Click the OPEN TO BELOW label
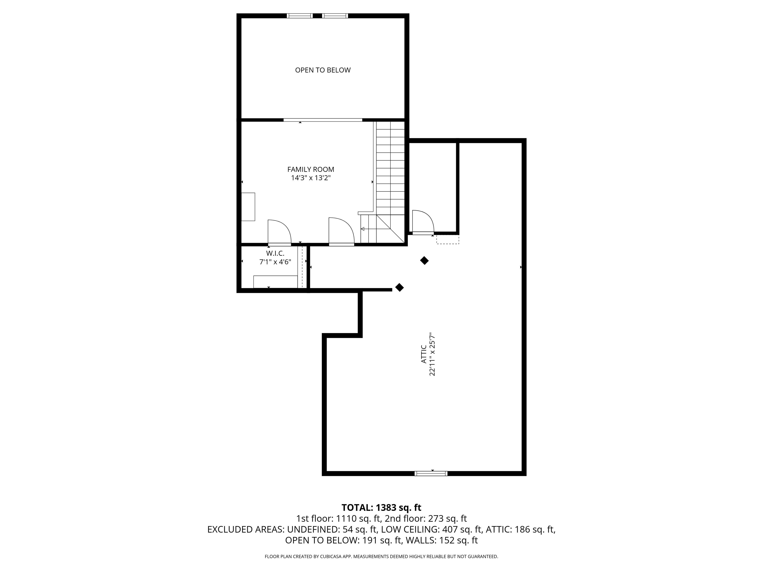pyautogui.click(x=323, y=70)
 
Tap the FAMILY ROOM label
pyautogui.click(x=310, y=169)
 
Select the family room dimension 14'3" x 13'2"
pyautogui.click(x=310, y=178)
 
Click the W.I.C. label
pyautogui.click(x=275, y=253)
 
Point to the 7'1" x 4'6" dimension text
pyautogui.click(x=275, y=262)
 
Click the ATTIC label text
pyautogui.click(x=424, y=354)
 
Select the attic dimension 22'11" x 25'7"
pyautogui.click(x=432, y=354)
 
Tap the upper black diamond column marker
pyautogui.click(x=424, y=261)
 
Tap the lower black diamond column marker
pyautogui.click(x=399, y=287)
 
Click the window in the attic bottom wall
pyautogui.click(x=431, y=473)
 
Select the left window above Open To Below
pyautogui.click(x=300, y=15)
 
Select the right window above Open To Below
pyautogui.click(x=335, y=15)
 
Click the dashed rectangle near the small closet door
pyautogui.click(x=447, y=239)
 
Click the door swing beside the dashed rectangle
pyautogui.click(x=422, y=221)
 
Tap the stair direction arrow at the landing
pyautogui.click(x=363, y=229)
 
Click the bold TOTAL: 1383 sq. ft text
pyautogui.click(x=381, y=507)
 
